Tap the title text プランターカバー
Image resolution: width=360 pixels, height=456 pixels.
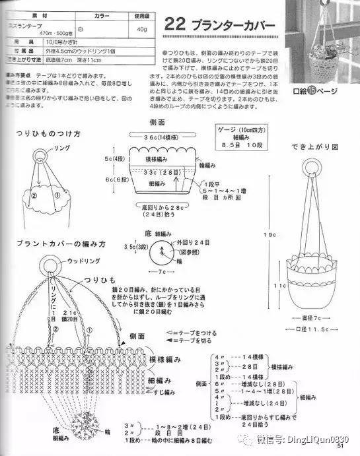coord(229,25)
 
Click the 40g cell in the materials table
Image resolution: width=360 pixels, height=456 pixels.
coord(141,29)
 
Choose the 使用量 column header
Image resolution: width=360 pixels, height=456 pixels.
coord(142,14)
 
